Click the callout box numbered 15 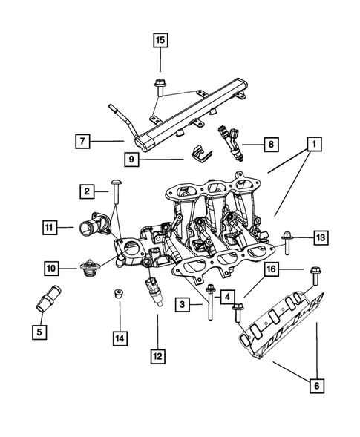(x=160, y=40)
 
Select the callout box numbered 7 (x=86, y=139)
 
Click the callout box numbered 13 (x=320, y=237)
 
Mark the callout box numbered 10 (x=53, y=267)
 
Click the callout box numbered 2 (x=87, y=193)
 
